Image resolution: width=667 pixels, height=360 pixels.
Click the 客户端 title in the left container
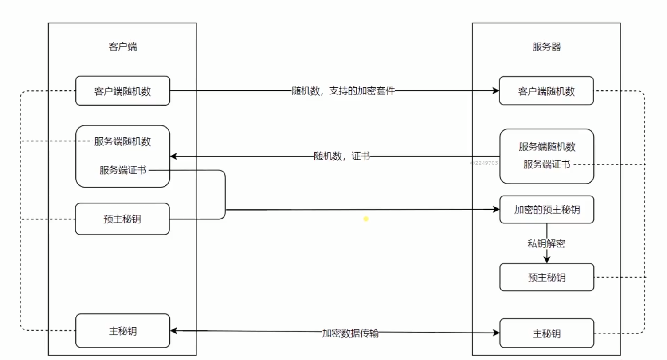pyautogui.click(x=122, y=47)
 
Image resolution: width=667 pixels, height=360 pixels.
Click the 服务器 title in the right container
pyautogui.click(x=546, y=47)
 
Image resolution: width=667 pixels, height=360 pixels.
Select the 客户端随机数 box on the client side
pyautogui.click(x=122, y=91)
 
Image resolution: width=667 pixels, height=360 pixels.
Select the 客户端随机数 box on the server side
pyautogui.click(x=546, y=91)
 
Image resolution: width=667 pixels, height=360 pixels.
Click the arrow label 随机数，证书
pyautogui.click(x=342, y=156)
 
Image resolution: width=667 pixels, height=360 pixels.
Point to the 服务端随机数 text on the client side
pyautogui.click(x=122, y=141)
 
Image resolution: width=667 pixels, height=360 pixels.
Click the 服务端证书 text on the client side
pyautogui.click(x=123, y=170)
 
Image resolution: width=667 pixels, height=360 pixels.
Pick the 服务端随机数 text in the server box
pyautogui.click(x=547, y=146)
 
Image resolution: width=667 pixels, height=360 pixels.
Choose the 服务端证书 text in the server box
pyautogui.click(x=547, y=164)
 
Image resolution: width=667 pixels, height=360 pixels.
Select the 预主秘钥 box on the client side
pyautogui.click(x=122, y=219)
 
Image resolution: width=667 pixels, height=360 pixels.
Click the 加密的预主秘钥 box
pyautogui.click(x=546, y=209)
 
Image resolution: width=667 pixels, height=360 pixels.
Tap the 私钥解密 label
pyautogui.click(x=546, y=243)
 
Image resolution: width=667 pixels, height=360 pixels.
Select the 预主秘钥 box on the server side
pyautogui.click(x=546, y=278)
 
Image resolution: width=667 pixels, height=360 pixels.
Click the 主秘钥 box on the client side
pyautogui.click(x=122, y=331)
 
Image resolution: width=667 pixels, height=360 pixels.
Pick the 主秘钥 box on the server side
pyautogui.click(x=546, y=333)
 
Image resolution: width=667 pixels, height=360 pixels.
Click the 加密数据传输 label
pyautogui.click(x=350, y=333)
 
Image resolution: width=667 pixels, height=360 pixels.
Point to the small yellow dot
pyautogui.click(x=366, y=219)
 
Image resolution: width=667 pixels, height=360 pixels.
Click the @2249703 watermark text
pyautogui.click(x=484, y=163)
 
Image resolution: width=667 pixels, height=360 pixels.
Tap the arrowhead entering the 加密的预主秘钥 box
pyautogui.click(x=496, y=209)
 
